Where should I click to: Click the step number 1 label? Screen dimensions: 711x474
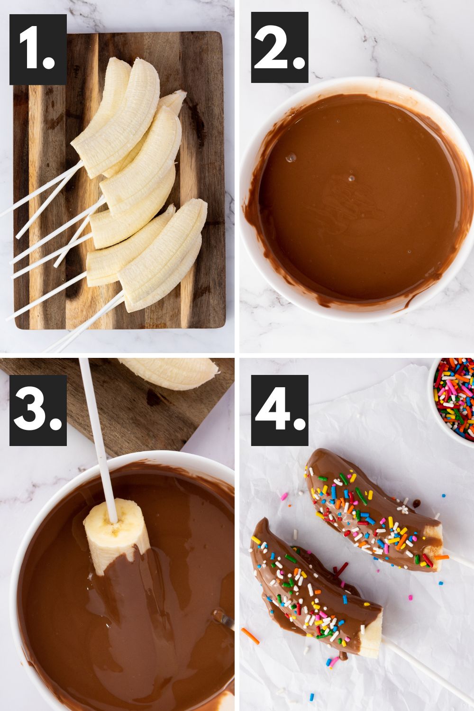coord(38,49)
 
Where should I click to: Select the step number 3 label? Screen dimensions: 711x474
coord(38,410)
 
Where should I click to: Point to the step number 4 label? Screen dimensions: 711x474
coord(280,410)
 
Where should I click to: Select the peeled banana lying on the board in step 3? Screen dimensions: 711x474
coord(171,372)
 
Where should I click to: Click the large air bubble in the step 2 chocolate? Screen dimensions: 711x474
coord(290,157)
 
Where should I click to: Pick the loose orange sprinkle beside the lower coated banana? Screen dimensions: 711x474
coord(250,636)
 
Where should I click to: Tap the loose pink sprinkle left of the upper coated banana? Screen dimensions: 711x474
coord(284,496)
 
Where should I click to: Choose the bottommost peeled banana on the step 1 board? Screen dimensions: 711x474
coord(164,265)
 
